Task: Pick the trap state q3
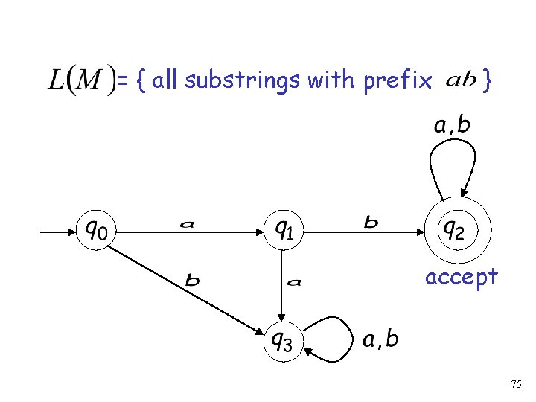(280, 341)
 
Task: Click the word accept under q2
(461, 277)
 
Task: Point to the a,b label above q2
(453, 125)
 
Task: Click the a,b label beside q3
(380, 339)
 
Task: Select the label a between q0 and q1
(188, 223)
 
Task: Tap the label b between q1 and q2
(370, 222)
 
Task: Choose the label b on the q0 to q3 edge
(192, 281)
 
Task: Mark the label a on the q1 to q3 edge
(295, 281)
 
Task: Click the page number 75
(517, 384)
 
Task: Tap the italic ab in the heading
(461, 80)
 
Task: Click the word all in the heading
(166, 79)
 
